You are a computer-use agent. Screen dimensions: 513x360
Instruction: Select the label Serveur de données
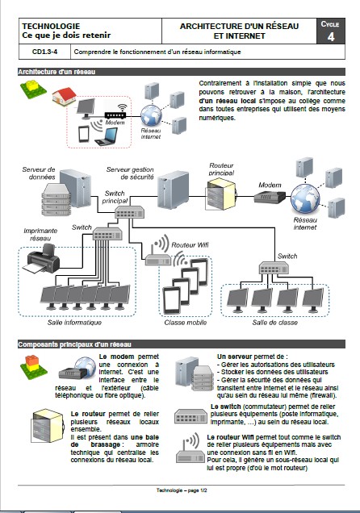pos(39,173)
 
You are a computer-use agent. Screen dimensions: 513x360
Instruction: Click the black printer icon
pos(39,261)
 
